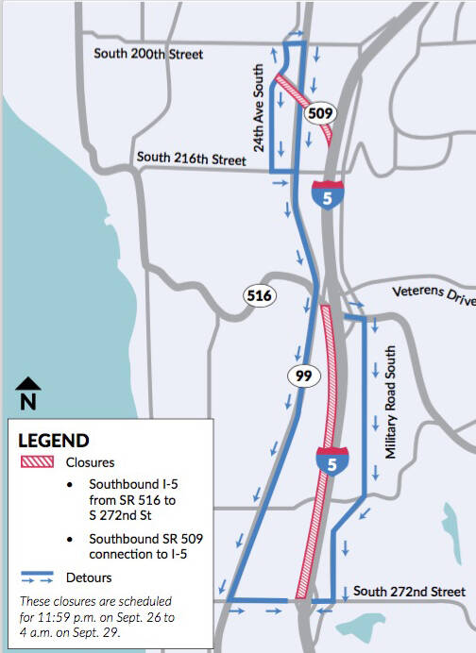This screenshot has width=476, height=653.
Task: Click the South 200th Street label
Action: pos(148,54)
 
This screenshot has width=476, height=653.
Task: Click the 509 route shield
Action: pos(320,113)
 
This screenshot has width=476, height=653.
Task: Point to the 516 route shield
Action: pos(259,295)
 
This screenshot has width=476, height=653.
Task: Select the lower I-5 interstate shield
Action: pos(327,460)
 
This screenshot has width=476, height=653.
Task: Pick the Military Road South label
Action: pos(388,402)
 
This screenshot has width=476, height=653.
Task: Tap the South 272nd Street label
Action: pos(409,592)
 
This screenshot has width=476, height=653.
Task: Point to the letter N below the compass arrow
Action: pos(28,401)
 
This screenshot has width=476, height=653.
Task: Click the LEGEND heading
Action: pos(54,441)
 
